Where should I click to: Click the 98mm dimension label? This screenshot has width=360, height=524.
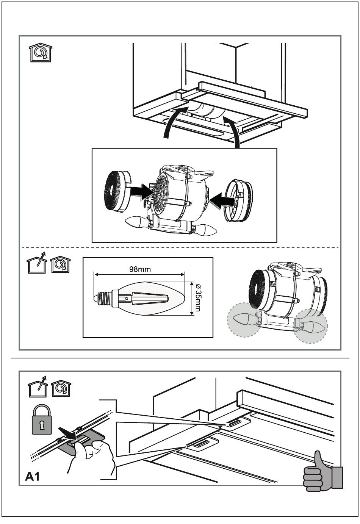pyautogui.click(x=140, y=269)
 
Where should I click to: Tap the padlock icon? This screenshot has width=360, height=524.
pyautogui.click(x=42, y=420)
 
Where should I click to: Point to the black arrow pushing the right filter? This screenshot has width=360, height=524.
pyautogui.click(x=222, y=200)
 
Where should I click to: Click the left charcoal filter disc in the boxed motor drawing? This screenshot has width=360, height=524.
pyautogui.click(x=117, y=191)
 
